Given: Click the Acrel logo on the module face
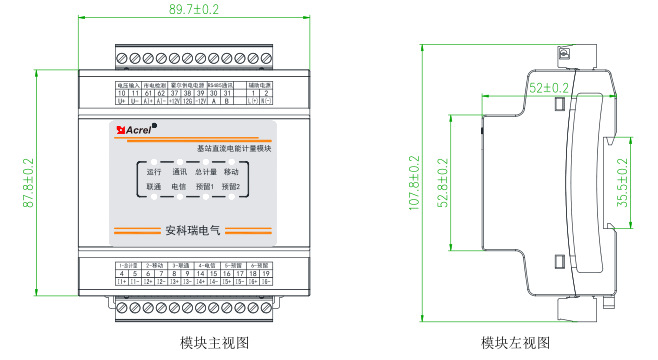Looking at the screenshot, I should [x=134, y=128].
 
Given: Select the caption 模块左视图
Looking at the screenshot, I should [x=515, y=343].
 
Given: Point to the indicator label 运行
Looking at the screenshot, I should [x=154, y=173].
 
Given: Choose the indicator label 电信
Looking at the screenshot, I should [x=180, y=187].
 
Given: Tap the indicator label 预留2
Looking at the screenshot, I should [x=231, y=187].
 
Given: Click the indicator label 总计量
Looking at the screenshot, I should [x=206, y=173].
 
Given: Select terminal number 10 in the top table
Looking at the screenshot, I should [x=122, y=93].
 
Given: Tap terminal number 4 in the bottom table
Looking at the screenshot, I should [x=121, y=273].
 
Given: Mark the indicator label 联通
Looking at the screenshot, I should [x=154, y=187].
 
